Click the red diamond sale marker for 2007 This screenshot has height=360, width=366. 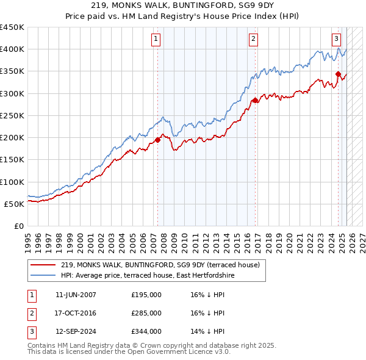click(x=157, y=140)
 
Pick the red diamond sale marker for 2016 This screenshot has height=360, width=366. click(x=255, y=100)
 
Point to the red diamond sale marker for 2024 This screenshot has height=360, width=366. click(x=338, y=74)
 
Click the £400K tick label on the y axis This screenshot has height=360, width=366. click(x=12, y=49)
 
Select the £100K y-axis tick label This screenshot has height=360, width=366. click(x=12, y=182)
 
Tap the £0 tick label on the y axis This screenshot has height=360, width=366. click(x=18, y=226)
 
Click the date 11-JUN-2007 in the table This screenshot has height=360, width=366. click(x=76, y=295)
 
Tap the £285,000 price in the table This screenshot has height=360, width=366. click(x=146, y=313)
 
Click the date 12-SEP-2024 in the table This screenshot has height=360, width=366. click(x=76, y=331)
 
